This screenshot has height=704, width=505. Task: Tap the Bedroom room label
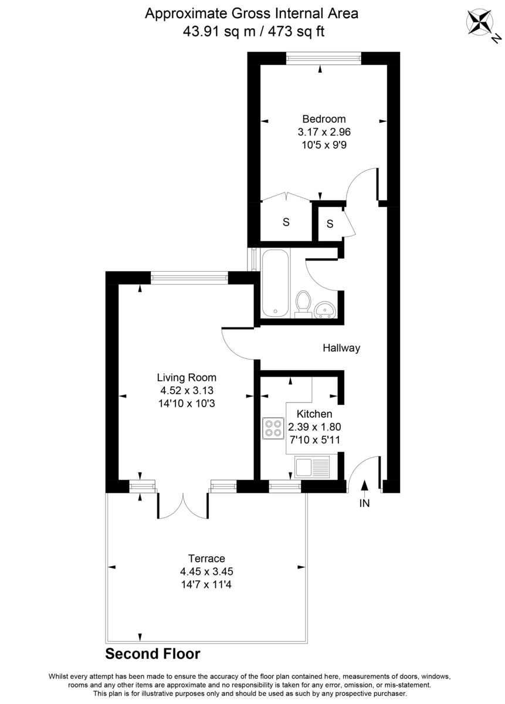[x=320, y=119]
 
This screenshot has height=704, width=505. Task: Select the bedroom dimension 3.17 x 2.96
[x=320, y=133]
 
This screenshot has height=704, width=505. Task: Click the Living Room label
[x=187, y=377]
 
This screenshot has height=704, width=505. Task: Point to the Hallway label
[x=341, y=348]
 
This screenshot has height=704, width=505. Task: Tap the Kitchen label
[x=314, y=414]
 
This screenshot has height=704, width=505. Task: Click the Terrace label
[x=206, y=558]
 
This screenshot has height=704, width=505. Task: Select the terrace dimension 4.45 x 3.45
[x=206, y=571]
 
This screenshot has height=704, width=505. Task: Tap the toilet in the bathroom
[x=303, y=303]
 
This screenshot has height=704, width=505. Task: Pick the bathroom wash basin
[x=324, y=309]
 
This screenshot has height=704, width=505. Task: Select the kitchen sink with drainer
[x=313, y=468]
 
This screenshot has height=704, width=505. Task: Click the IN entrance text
[x=364, y=503]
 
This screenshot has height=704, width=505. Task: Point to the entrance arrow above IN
[x=364, y=485]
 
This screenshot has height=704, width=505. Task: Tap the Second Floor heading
[x=152, y=654]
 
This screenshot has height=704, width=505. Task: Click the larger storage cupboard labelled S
[x=286, y=222]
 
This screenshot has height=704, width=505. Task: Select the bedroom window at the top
[x=323, y=58]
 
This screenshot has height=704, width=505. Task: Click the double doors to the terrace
[x=183, y=506]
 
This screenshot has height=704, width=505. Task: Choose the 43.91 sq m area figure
[x=219, y=32]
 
